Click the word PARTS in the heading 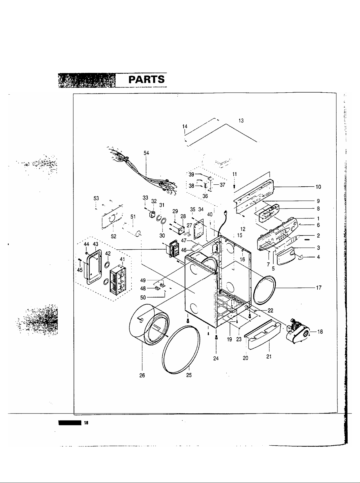click(146, 80)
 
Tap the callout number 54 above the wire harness click(146, 153)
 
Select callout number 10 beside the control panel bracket click(318, 187)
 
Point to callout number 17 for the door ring click(319, 288)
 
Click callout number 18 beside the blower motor click(320, 332)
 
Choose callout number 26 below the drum click(142, 375)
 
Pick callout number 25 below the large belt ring click(189, 375)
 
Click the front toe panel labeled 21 click(263, 335)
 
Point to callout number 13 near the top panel click(241, 121)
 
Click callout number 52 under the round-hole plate click(113, 236)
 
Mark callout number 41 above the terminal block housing click(122, 259)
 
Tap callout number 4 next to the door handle click(318, 257)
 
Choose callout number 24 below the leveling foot click(216, 359)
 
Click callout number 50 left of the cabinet click(143, 298)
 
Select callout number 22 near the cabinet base click(270, 310)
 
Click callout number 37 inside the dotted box click(222, 185)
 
